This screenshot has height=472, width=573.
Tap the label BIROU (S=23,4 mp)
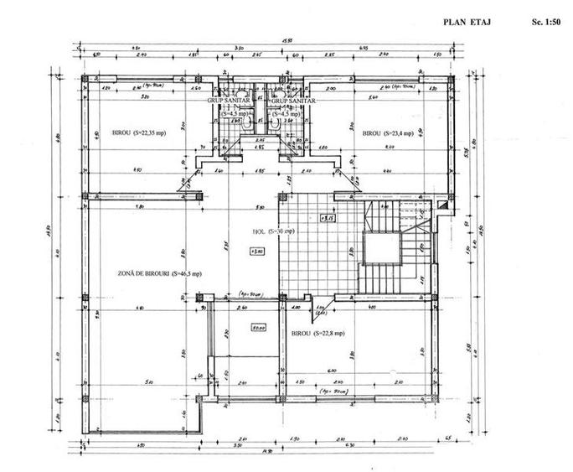pyautogui.click(x=390, y=133)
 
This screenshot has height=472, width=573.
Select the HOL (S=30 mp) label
pyautogui.click(x=273, y=231)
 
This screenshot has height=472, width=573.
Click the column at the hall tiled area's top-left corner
pyautogui.click(x=281, y=198)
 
